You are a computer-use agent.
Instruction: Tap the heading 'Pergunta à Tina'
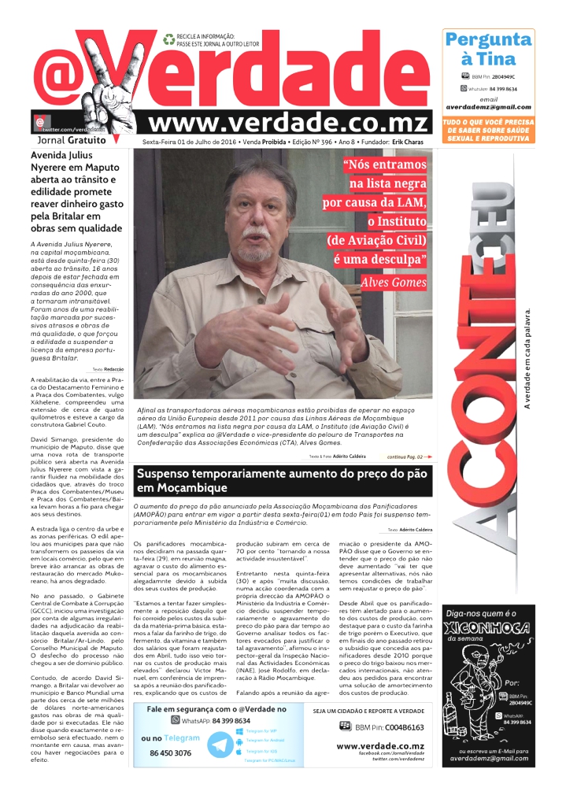[x=488, y=49]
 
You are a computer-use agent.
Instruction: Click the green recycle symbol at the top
[x=168, y=39]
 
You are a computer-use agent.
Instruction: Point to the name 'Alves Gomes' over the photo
[x=393, y=282]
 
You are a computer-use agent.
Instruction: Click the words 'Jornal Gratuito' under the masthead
[x=69, y=140]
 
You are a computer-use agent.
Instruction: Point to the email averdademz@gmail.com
[x=488, y=107]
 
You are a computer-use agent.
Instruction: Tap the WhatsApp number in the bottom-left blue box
[x=215, y=720]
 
